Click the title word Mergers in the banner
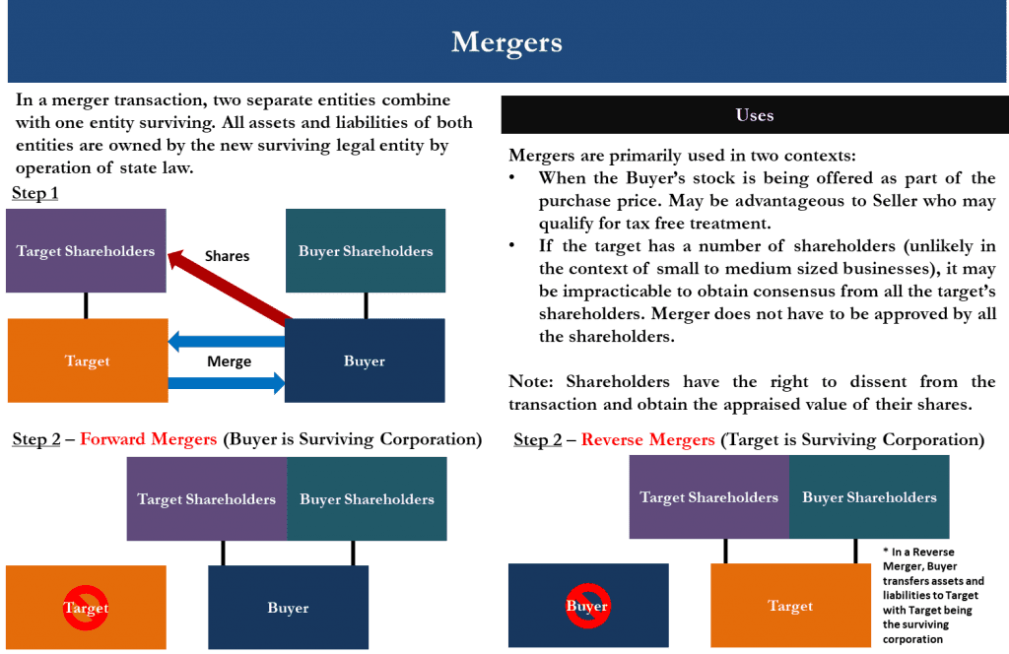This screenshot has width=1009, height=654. tap(506, 43)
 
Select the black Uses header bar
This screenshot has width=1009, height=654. tap(754, 115)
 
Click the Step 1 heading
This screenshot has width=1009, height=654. tap(34, 194)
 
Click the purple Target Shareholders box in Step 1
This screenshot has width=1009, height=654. tap(86, 251)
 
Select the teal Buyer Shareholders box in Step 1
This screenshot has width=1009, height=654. tap(365, 251)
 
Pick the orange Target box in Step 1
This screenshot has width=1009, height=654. tap(87, 360)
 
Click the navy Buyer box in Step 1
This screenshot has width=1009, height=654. tap(365, 360)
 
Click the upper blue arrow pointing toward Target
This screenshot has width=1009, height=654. tap(227, 342)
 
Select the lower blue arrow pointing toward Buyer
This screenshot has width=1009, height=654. tap(227, 383)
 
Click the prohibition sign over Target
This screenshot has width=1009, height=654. tap(86, 607)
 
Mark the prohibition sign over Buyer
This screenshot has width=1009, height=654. tap(587, 605)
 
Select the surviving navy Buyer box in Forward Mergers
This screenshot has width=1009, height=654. tap(288, 608)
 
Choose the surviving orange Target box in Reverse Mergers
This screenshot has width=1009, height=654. tap(790, 606)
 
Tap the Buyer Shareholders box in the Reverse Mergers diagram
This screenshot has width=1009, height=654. tap(869, 497)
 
